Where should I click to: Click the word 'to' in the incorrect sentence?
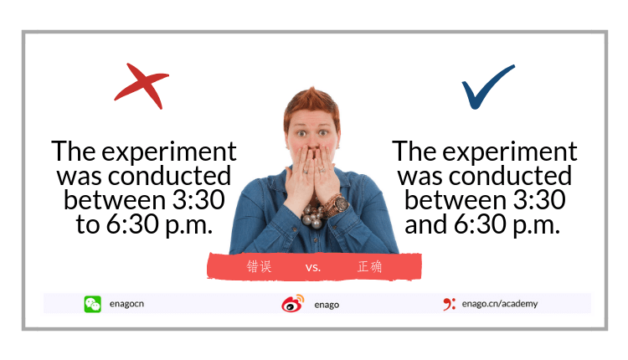pyautogui.click(x=87, y=224)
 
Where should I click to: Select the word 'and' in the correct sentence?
pyautogui.click(x=425, y=224)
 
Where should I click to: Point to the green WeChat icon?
pyautogui.click(x=92, y=304)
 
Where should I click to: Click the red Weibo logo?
pyautogui.click(x=293, y=304)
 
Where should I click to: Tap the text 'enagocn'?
pyautogui.click(x=126, y=304)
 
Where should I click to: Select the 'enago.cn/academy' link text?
pyautogui.click(x=499, y=304)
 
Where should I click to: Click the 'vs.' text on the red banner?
pyautogui.click(x=313, y=267)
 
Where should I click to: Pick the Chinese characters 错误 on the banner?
pyautogui.click(x=259, y=266)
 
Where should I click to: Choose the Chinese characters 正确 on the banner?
pyautogui.click(x=369, y=266)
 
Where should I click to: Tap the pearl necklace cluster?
pyautogui.click(x=312, y=215)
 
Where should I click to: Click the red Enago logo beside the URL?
pyautogui.click(x=449, y=304)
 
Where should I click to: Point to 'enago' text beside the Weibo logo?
pyautogui.click(x=327, y=305)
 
